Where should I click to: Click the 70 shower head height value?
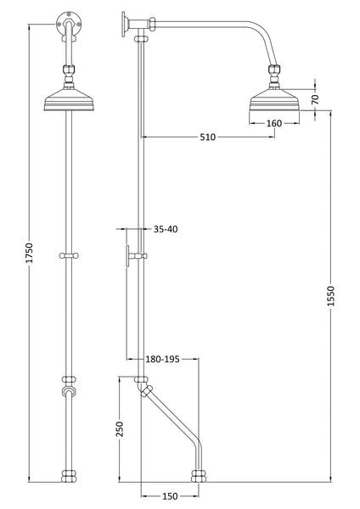coord(315,99)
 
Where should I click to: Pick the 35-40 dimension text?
coord(166,229)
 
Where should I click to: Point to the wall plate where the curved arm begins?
coord(125,22)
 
